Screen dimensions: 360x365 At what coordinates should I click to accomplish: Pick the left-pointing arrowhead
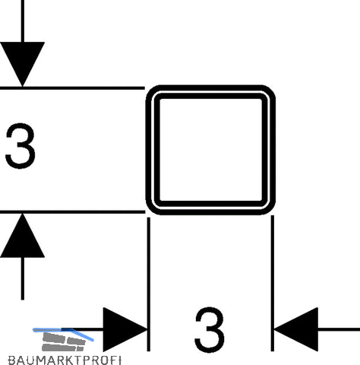pyautogui.click(x=296, y=329)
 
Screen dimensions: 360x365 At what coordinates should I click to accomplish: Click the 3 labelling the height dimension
pyautogui.click(x=21, y=146)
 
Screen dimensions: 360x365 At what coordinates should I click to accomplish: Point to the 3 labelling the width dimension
pyautogui.click(x=210, y=329)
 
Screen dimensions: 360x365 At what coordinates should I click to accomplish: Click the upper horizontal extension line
pyautogui.click(x=72, y=88)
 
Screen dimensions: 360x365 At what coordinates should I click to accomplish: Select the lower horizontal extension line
pyautogui.click(x=72, y=212)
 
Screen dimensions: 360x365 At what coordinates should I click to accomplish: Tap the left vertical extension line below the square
pyautogui.click(x=149, y=284)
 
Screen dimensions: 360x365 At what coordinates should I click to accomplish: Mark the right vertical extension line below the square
pyautogui.click(x=273, y=283)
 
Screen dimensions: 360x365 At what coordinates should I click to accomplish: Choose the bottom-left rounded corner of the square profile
pyautogui.click(x=151, y=209)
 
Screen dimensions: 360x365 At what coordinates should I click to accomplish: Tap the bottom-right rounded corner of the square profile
pyautogui.click(x=270, y=209)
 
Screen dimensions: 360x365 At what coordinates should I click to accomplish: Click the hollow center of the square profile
pyautogui.click(x=210, y=150)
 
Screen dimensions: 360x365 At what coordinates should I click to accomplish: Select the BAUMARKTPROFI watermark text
pyautogui.click(x=65, y=360)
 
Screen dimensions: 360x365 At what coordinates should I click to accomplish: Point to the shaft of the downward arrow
pyautogui.click(x=23, y=21)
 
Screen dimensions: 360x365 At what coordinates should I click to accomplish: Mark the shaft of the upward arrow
pyautogui.click(x=23, y=278)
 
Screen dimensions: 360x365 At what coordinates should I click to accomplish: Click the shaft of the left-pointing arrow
pyautogui.click(x=339, y=329)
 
